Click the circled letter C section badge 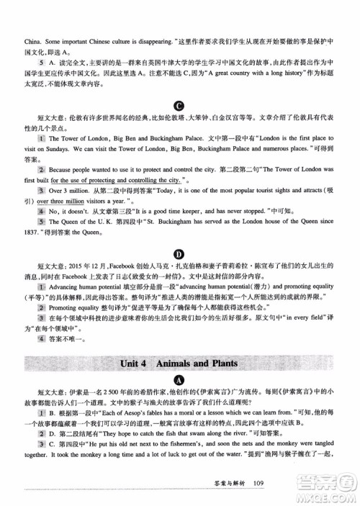(180, 105)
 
